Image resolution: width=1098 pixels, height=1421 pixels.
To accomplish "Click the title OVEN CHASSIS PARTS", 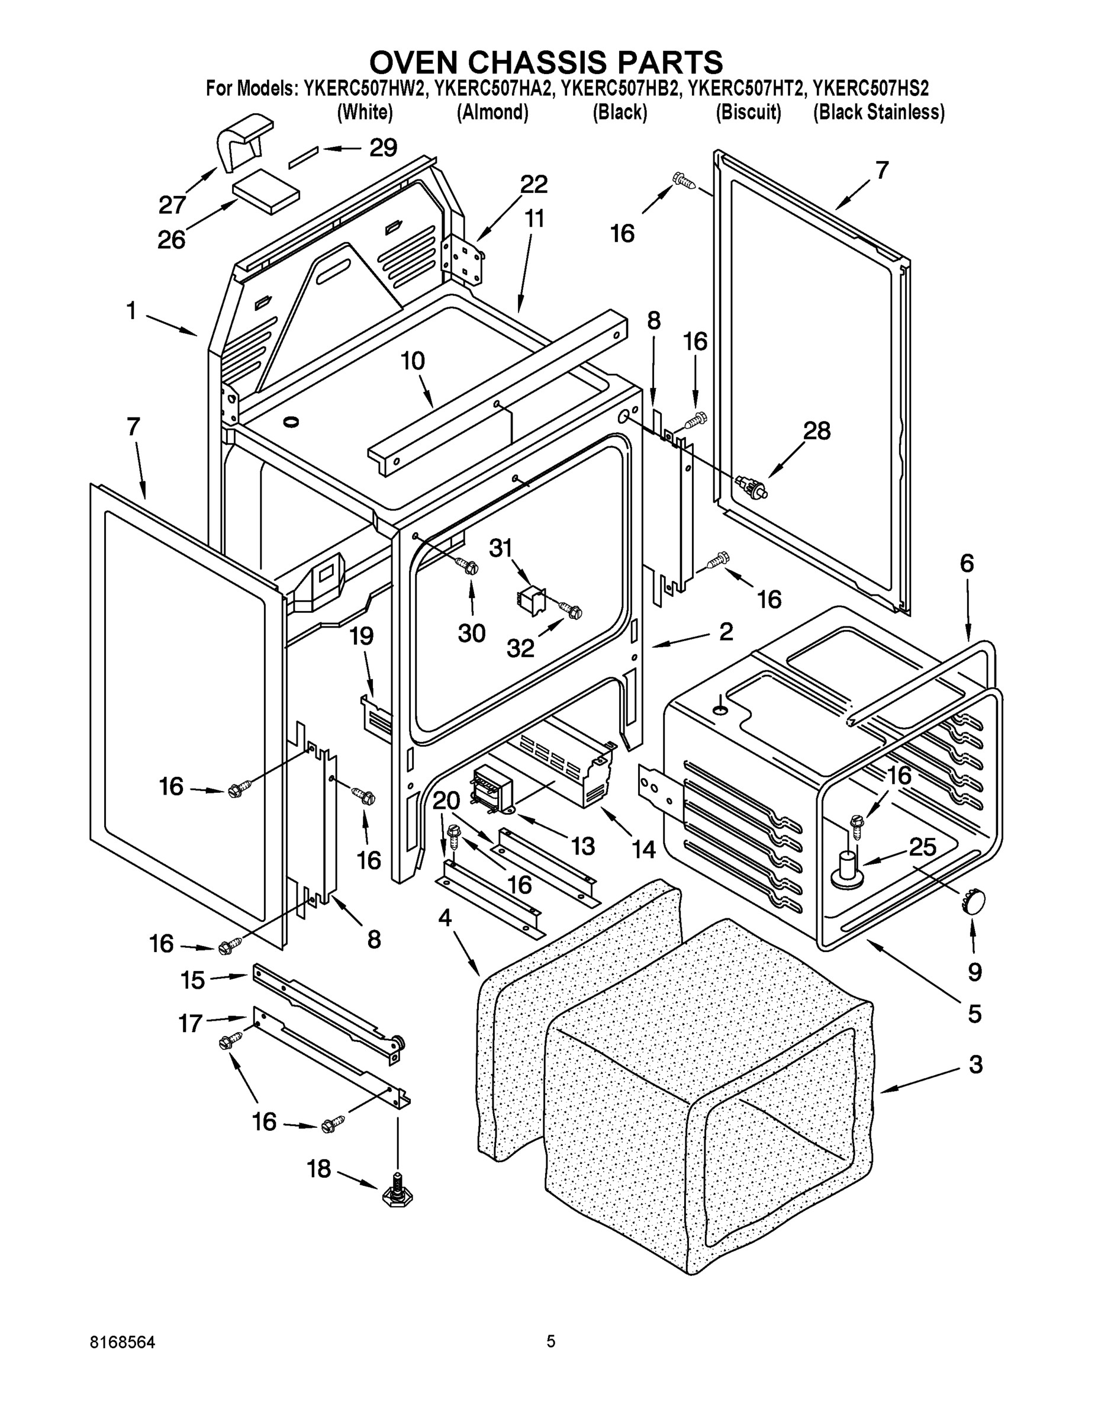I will pyautogui.click(x=546, y=62).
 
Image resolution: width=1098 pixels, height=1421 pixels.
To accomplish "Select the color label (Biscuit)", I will pyautogui.click(x=748, y=112).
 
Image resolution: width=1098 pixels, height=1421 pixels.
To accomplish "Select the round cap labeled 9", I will pyautogui.click(x=973, y=902).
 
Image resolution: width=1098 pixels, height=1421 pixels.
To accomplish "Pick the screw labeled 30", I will pyautogui.click(x=469, y=566).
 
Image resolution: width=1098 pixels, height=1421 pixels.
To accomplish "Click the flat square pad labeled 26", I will pyautogui.click(x=266, y=190).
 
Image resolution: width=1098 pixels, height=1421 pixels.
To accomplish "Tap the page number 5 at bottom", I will pyautogui.click(x=550, y=1341).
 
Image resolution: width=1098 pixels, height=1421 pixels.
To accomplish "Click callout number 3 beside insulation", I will pyautogui.click(x=975, y=1065).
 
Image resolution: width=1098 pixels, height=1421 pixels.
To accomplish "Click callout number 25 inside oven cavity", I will pyautogui.click(x=922, y=847).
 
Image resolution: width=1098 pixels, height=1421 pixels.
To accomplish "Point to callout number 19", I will pyautogui.click(x=362, y=635).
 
